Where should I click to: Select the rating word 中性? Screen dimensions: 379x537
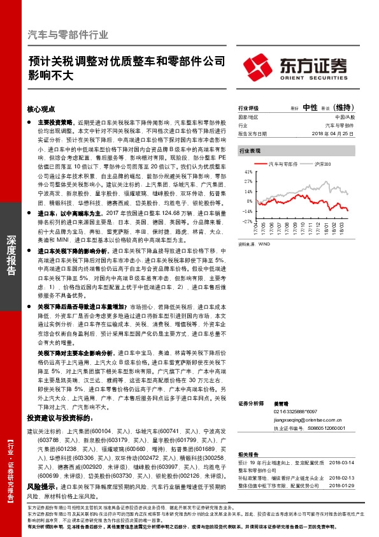(x=311, y=107)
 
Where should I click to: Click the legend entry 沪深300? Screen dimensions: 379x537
(x=324, y=164)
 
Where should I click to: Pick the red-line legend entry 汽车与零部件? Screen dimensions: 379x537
(x=281, y=164)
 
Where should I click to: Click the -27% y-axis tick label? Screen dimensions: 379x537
(x=248, y=221)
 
